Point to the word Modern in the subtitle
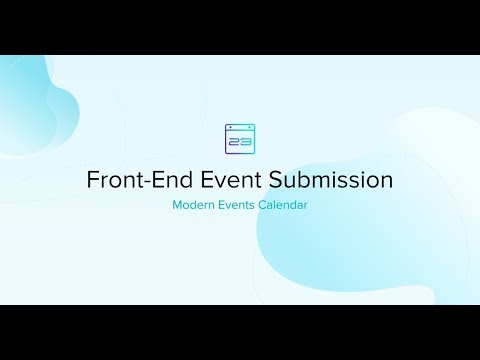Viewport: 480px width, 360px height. pyautogui.click(x=195, y=206)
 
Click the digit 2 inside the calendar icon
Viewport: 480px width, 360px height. pyautogui.click(x=234, y=142)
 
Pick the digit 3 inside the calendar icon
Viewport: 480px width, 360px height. pyautogui.click(x=245, y=142)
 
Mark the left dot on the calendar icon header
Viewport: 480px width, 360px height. pyautogui.click(x=231, y=128)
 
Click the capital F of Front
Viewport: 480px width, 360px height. pyautogui.click(x=92, y=181)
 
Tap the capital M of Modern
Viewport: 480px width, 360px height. pyautogui.click(x=177, y=206)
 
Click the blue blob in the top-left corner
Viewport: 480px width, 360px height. pyautogui.click(x=30, y=90)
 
